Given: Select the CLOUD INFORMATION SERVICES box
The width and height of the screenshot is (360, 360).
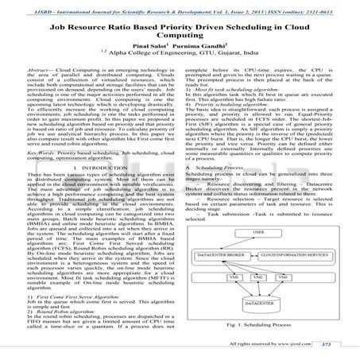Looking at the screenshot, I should click(294, 277).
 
